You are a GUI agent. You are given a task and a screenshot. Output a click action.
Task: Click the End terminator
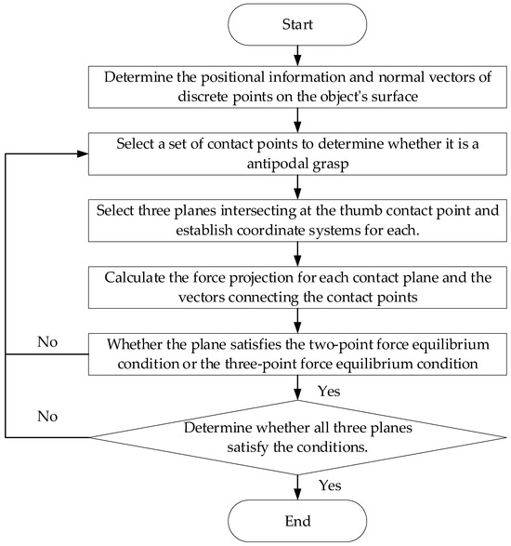[296, 518]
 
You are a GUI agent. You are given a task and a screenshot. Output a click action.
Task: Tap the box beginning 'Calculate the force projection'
[296, 285]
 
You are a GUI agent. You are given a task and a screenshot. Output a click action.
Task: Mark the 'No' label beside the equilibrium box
[47, 341]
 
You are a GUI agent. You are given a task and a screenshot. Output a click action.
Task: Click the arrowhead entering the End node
[296, 495]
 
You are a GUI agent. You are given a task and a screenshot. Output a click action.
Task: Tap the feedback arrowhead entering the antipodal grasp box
[85, 154]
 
